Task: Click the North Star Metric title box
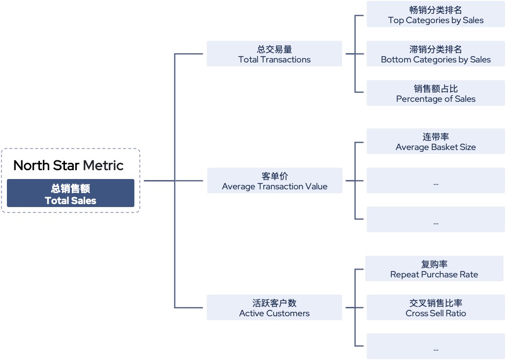[70, 163]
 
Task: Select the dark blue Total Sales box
[70, 193]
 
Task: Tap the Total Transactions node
[274, 54]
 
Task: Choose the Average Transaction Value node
[274, 180]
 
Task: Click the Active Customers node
[274, 307]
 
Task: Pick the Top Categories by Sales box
[436, 15]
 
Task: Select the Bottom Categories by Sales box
[436, 54]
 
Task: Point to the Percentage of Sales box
[436, 93]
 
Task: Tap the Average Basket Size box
[436, 141]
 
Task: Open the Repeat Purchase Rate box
[434, 269]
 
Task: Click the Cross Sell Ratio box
[436, 307]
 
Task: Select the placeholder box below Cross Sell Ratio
[436, 346]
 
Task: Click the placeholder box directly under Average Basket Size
[436, 180]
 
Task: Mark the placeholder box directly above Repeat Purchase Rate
[436, 219]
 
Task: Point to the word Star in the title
[66, 165]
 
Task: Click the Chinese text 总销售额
[70, 188]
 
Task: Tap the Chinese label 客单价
[274, 176]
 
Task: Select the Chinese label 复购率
[434, 264]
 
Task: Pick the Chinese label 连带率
[436, 137]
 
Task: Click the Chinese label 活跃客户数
[274, 303]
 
